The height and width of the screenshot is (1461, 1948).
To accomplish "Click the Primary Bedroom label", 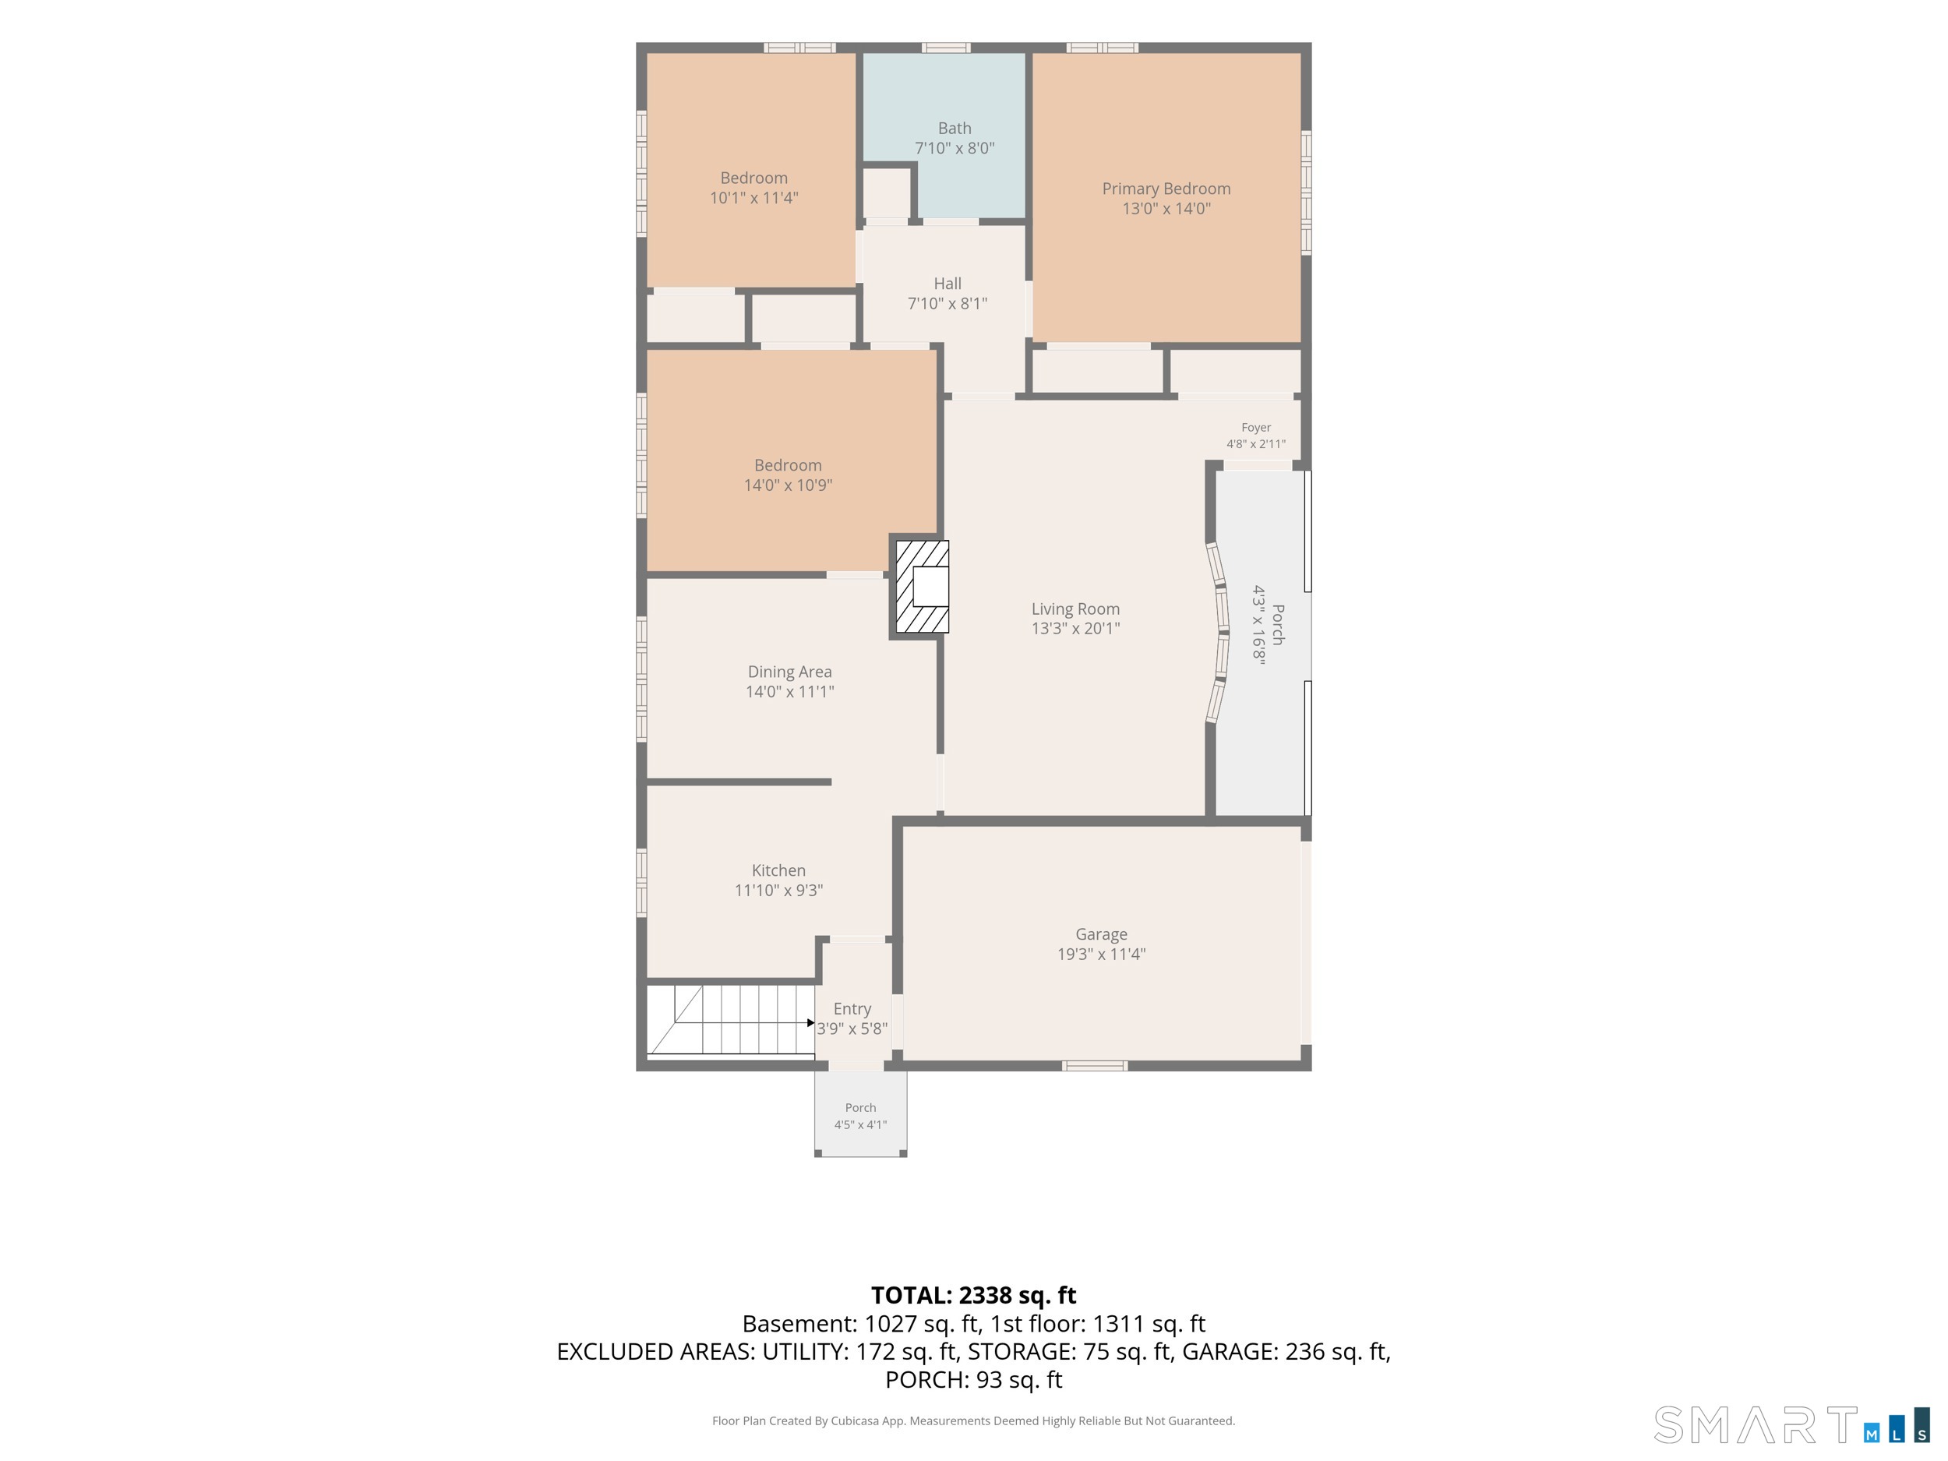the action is [1166, 189].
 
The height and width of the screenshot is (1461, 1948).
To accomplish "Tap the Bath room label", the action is [955, 129].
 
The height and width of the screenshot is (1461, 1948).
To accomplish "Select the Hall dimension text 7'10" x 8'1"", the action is [948, 304].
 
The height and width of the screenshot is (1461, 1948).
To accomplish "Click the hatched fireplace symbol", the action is [922, 587].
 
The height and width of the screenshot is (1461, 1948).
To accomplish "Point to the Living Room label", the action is [1075, 609].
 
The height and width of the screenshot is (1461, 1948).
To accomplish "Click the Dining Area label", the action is [790, 672].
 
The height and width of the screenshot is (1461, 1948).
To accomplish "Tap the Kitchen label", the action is [778, 870].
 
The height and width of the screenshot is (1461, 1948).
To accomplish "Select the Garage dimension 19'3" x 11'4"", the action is [1101, 954].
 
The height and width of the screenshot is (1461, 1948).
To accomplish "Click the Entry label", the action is [852, 1009].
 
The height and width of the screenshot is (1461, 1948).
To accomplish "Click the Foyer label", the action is [1256, 427].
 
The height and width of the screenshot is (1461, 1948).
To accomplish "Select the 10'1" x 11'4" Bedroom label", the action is [753, 188].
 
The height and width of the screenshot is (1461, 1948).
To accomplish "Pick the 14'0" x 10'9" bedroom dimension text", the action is [789, 485].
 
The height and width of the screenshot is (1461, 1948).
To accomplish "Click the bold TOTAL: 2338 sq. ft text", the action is [973, 1296].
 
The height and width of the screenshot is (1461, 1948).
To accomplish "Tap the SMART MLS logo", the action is [1791, 1425].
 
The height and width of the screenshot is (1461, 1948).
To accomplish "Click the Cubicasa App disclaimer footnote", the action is [973, 1420].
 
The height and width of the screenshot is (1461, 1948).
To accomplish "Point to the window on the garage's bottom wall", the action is [1095, 1066].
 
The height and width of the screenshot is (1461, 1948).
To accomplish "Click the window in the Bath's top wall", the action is [946, 48].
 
